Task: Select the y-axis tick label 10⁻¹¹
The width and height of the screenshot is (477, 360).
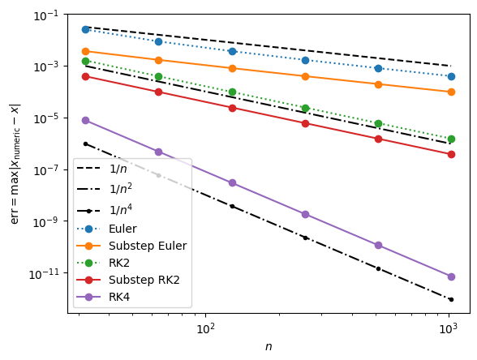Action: pyautogui.click(x=46, y=273)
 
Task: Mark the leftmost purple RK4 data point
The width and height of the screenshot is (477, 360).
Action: pyautogui.click(x=85, y=120)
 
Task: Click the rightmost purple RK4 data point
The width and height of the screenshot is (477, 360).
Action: pyautogui.click(x=451, y=276)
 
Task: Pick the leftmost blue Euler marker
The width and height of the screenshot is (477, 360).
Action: pyautogui.click(x=85, y=29)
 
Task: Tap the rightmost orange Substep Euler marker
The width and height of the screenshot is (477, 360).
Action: pyautogui.click(x=451, y=92)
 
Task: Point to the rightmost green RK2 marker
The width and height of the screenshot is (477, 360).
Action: pyautogui.click(x=451, y=139)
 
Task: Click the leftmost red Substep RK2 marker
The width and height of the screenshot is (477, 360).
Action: pyautogui.click(x=85, y=76)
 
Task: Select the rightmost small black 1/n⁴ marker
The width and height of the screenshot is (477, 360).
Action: pyautogui.click(x=451, y=299)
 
